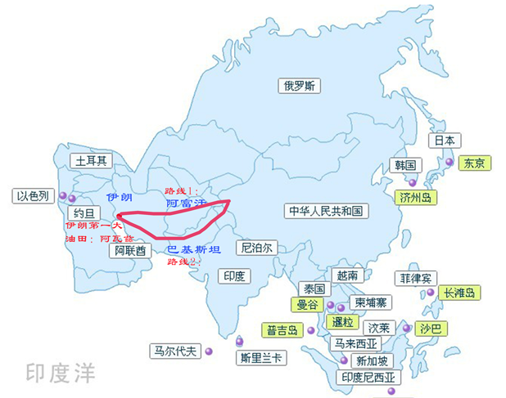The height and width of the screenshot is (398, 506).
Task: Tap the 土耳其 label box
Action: (x=91, y=161)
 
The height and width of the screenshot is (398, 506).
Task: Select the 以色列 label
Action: (x=34, y=196)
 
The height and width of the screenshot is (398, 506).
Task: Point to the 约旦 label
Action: (x=84, y=214)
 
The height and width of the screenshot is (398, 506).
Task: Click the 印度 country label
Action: (x=234, y=276)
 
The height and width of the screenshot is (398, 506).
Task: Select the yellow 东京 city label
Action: (x=475, y=163)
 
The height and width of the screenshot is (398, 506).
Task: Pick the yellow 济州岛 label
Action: (x=416, y=197)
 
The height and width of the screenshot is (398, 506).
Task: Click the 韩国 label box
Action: (x=406, y=165)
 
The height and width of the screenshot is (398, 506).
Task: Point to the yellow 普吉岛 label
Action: (x=282, y=330)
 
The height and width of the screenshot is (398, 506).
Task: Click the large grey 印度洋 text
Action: (x=60, y=374)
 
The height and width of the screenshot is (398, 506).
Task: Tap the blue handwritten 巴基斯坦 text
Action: (x=193, y=249)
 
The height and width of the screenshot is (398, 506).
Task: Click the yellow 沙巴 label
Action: (x=430, y=329)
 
